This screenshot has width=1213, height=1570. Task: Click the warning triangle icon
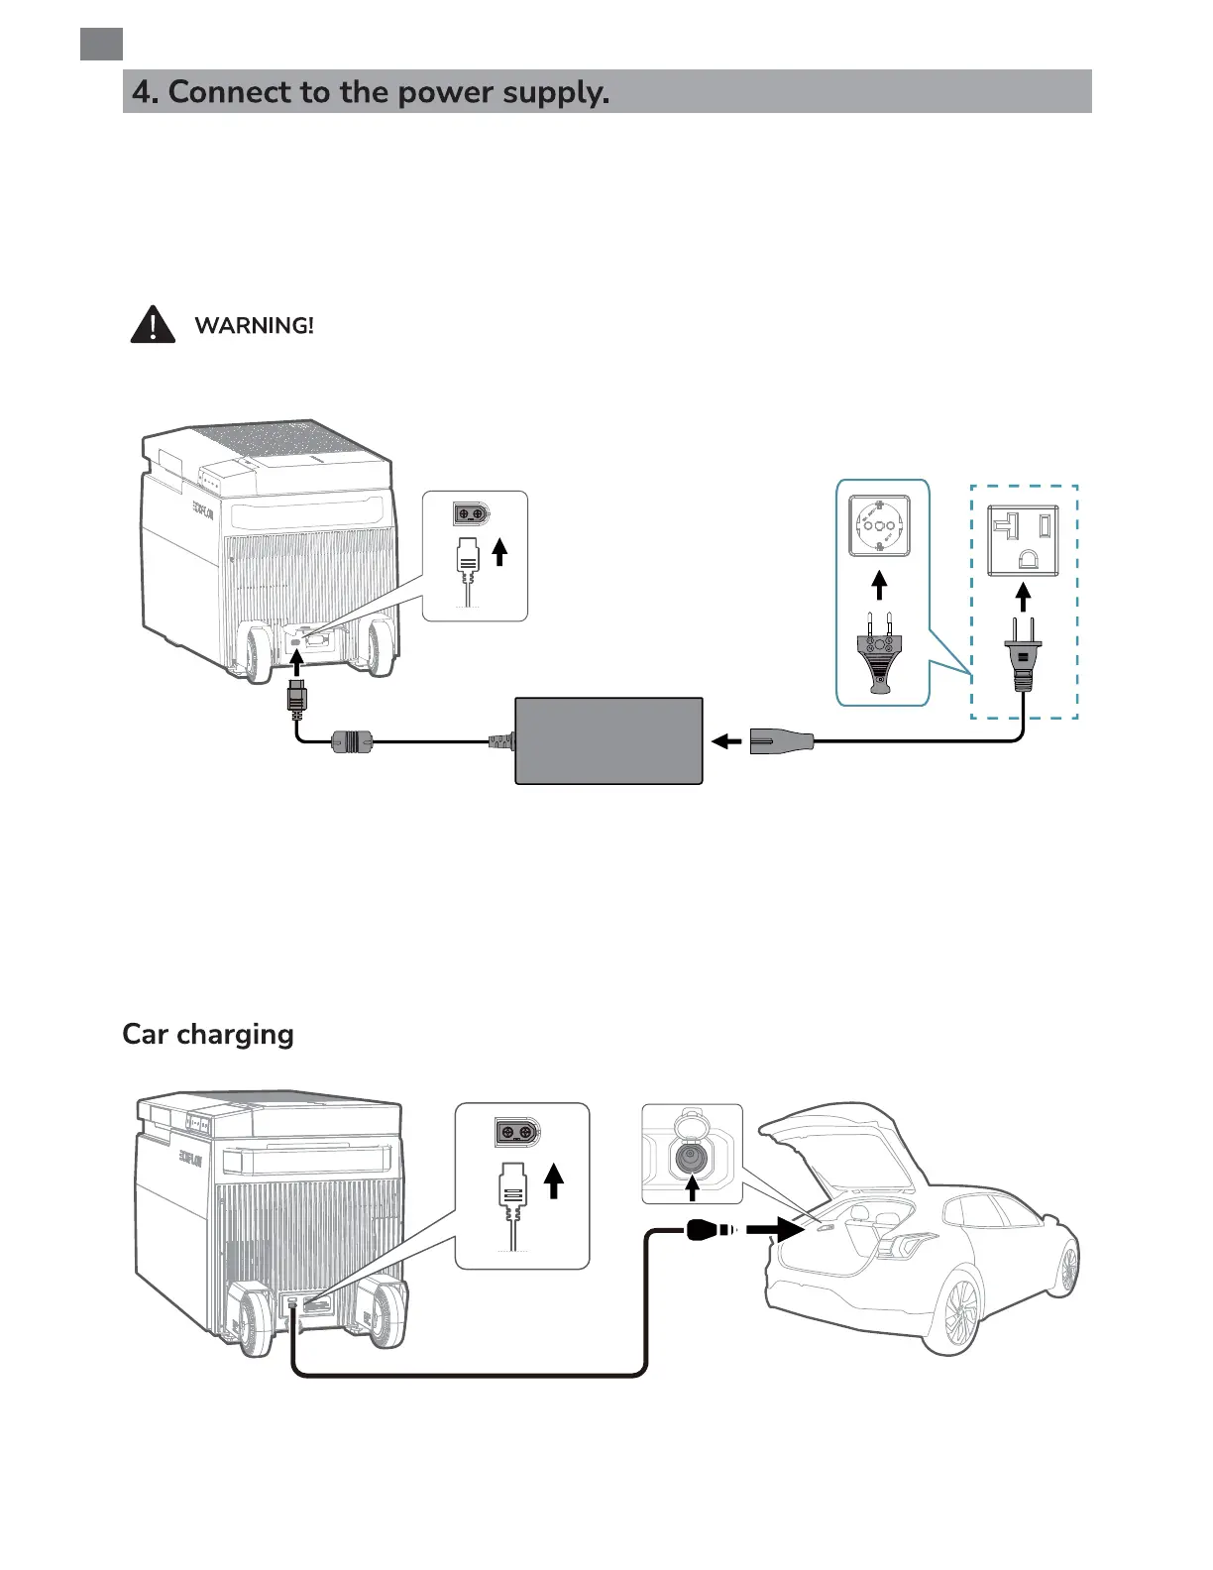tap(153, 325)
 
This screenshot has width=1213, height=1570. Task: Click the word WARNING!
tap(254, 326)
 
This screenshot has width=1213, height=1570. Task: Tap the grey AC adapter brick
tap(608, 740)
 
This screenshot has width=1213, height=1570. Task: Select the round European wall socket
tap(879, 524)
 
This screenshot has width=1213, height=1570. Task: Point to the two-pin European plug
tap(879, 655)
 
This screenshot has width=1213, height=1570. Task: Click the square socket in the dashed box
tap(1024, 539)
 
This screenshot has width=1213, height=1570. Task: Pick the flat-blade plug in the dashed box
tap(1024, 655)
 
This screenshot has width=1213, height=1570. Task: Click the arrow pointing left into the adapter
tap(726, 740)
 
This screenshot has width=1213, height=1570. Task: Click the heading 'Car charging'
tap(208, 1034)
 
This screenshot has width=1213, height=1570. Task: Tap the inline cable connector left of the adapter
tap(351, 740)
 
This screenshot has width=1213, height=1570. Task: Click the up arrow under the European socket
tap(879, 586)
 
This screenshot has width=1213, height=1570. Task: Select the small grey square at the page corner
tap(101, 45)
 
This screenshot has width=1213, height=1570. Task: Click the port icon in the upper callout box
tap(472, 514)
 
